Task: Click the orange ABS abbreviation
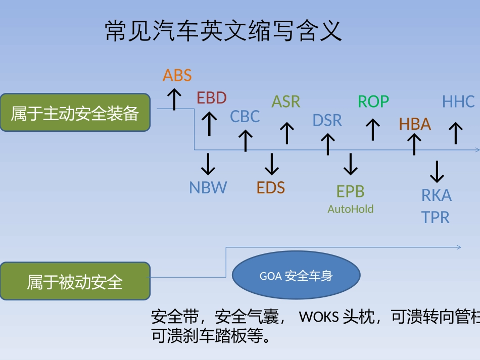[x=177, y=75]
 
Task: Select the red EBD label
[x=211, y=98]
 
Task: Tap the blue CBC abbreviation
[x=245, y=117]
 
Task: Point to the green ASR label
[x=286, y=101]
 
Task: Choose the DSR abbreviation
[x=327, y=120]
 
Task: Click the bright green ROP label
[x=373, y=101]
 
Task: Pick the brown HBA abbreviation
[x=415, y=124]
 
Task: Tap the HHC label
[x=458, y=101]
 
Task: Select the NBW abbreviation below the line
[x=208, y=188]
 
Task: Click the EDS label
[x=271, y=188]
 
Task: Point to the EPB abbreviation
[x=350, y=191]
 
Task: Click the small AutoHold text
[x=350, y=209]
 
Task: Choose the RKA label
[x=437, y=195]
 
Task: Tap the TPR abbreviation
[x=436, y=218]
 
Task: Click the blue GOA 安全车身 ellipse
[x=296, y=276]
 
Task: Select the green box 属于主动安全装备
[x=75, y=113]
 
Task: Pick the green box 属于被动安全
[x=75, y=281]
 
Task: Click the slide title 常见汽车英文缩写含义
[x=223, y=31]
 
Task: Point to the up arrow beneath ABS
[x=174, y=98]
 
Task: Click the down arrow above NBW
[x=208, y=164]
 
